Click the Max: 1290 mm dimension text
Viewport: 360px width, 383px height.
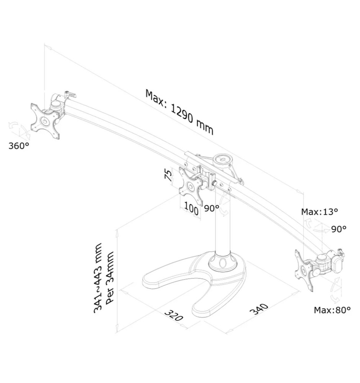click(179, 111)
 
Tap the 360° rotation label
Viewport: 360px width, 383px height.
click(19, 146)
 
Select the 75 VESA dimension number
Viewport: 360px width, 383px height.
click(168, 176)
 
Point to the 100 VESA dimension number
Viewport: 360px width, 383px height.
click(191, 210)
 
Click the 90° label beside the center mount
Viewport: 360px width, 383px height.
click(211, 208)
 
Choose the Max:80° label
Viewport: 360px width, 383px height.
click(332, 310)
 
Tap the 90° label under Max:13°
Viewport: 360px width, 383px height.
click(339, 229)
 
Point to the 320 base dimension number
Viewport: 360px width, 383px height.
click(174, 315)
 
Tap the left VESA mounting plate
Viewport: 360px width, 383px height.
click(45, 121)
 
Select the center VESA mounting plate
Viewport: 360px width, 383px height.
click(190, 187)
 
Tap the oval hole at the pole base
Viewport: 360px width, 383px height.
click(222, 264)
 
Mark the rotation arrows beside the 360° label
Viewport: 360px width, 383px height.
click(18, 130)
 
